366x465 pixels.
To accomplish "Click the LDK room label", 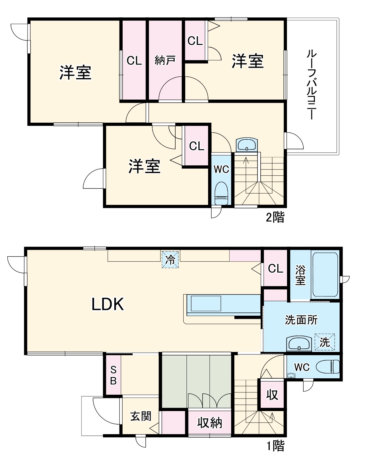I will click(108, 304).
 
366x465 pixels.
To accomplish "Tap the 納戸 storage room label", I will click(165, 60).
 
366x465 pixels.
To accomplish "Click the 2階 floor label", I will click(275, 217).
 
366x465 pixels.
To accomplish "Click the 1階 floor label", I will click(275, 446).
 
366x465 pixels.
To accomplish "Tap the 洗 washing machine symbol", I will click(325, 342).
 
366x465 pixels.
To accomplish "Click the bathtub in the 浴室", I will click(325, 275).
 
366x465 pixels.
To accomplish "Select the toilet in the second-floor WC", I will click(221, 194).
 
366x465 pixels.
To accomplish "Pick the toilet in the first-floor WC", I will click(328, 367).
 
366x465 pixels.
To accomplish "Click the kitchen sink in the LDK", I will click(206, 303).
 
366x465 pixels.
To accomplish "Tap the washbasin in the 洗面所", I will click(299, 344).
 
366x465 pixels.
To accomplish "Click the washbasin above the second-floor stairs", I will click(247, 145).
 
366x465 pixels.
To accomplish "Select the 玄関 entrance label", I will click(141, 417).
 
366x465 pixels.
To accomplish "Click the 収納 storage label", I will click(210, 423).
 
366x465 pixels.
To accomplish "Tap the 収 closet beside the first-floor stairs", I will click(272, 394).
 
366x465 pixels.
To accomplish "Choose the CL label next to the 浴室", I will click(275, 268).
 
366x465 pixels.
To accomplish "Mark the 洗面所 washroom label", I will click(301, 320).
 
